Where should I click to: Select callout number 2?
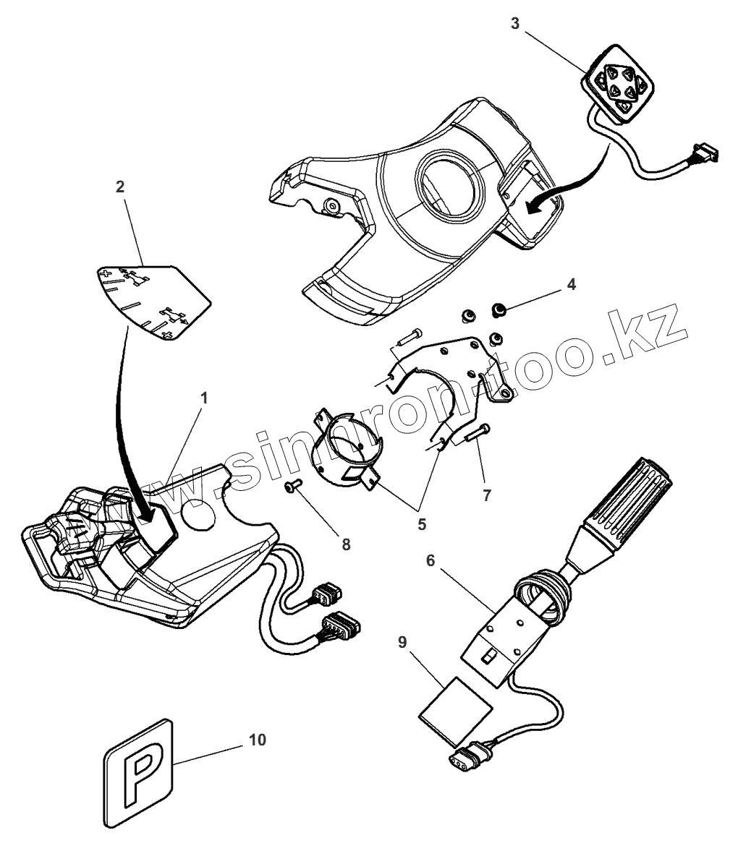[x=119, y=187]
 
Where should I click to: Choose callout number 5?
[x=421, y=523]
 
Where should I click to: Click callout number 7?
[x=487, y=495]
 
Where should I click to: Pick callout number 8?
[x=346, y=544]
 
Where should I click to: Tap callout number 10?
[x=257, y=740]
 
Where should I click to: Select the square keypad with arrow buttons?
[x=619, y=86]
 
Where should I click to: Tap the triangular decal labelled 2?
[x=152, y=300]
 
